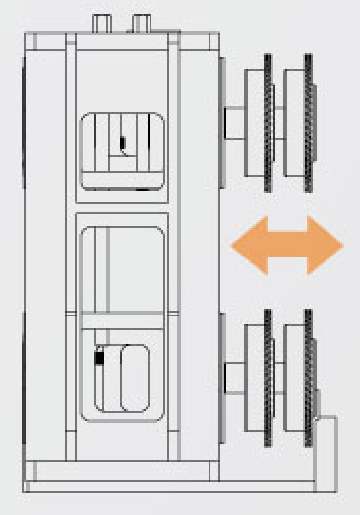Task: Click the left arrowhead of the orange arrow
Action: click(x=242, y=246)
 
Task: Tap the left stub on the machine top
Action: click(x=101, y=23)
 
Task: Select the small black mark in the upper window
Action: click(x=122, y=145)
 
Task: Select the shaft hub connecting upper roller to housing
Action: click(x=236, y=122)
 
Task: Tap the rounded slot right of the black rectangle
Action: click(x=134, y=375)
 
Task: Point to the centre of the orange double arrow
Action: click(x=285, y=246)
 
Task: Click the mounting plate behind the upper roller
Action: click(x=222, y=122)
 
